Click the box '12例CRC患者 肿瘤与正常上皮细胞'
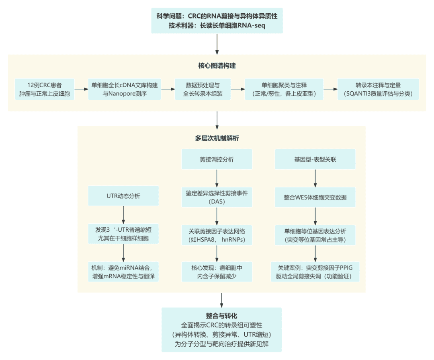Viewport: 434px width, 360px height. [x=45, y=89]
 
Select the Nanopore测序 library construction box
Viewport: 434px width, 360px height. [x=125, y=89]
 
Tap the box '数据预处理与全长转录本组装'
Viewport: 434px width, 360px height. [x=203, y=89]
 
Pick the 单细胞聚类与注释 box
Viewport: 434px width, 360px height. [x=284, y=89]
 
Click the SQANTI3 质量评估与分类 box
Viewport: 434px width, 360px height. [x=378, y=89]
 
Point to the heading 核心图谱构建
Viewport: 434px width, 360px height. [x=217, y=66]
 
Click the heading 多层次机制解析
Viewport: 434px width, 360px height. [x=217, y=138]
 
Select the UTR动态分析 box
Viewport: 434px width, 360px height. [x=124, y=195]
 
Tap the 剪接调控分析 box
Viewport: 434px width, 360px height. [x=217, y=159]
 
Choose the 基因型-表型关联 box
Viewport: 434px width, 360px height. [x=315, y=159]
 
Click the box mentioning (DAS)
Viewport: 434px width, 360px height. [x=217, y=197]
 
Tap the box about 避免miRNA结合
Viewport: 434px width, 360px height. [x=124, y=272]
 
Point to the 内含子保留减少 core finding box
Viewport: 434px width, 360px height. [x=217, y=272]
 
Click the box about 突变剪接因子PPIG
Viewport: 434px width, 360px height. [x=315, y=272]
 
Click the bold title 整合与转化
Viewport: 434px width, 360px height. [x=221, y=316]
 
